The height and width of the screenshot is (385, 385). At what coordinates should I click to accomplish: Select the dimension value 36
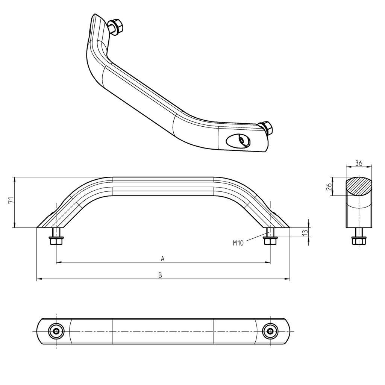pyautogui.click(x=358, y=163)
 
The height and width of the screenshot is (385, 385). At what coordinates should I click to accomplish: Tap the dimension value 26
pyautogui.click(x=329, y=186)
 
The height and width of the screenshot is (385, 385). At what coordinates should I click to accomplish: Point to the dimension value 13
pyautogui.click(x=305, y=233)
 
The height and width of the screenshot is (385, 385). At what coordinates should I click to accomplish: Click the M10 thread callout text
pyautogui.click(x=238, y=243)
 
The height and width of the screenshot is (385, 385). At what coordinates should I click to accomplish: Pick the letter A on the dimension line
pyautogui.click(x=162, y=258)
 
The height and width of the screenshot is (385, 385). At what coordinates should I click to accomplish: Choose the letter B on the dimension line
pyautogui.click(x=160, y=275)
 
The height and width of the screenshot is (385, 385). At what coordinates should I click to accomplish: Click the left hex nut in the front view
pyautogui.click(x=56, y=241)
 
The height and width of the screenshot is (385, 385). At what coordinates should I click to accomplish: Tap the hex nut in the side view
pyautogui.click(x=359, y=241)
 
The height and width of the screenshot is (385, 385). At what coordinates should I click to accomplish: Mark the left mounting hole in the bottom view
pyautogui.click(x=56, y=331)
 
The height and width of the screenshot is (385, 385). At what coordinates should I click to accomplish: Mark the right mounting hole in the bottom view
pyautogui.click(x=270, y=331)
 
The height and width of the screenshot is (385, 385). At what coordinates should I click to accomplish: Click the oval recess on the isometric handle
pyautogui.click(x=239, y=141)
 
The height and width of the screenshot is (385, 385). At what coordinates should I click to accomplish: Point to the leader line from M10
pyautogui.click(x=255, y=238)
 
